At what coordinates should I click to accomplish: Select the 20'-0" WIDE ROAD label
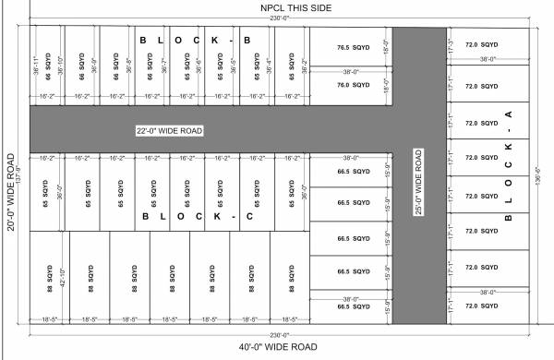(x=11, y=194)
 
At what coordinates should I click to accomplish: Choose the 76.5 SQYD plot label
(x=354, y=47)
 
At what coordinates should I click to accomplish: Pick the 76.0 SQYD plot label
(x=354, y=85)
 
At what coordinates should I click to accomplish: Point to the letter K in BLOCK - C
(x=219, y=216)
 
